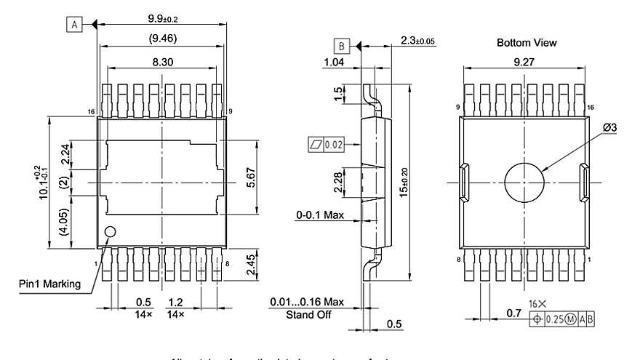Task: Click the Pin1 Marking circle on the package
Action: pos(111,232)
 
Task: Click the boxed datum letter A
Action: pos(74,24)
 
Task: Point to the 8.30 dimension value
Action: pos(163,63)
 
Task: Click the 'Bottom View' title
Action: pos(527,43)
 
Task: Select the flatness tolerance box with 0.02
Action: pos(327,145)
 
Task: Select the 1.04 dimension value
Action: pos(334,64)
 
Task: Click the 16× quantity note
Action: pos(537,303)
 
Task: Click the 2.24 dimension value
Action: pos(65,154)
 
